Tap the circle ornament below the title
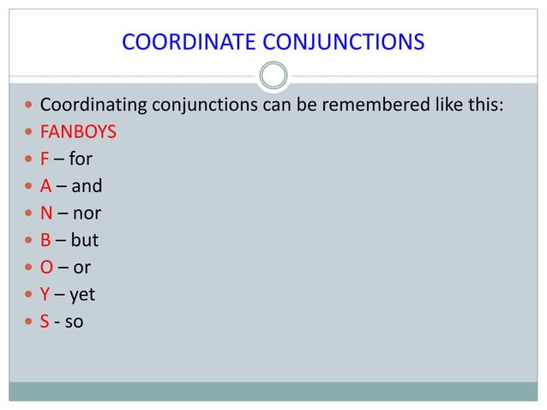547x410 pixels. tap(273, 76)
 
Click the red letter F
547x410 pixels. tap(45, 160)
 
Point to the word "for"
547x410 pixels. tap(81, 160)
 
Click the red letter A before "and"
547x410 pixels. tap(45, 185)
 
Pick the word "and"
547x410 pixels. tap(86, 185)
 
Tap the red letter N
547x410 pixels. tap(46, 212)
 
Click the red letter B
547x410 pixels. tap(45, 239)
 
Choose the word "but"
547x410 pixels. tap(84, 239)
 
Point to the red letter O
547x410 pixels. tap(46, 267)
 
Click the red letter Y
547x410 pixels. tap(45, 294)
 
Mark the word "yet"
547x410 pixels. tap(82, 295)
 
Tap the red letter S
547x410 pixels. tap(45, 322)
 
